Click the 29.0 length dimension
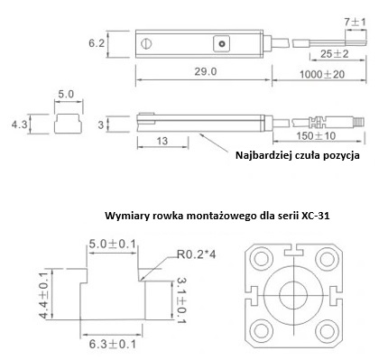click(x=206, y=72)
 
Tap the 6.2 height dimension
click(x=97, y=43)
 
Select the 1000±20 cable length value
click(x=322, y=74)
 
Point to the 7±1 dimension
click(x=355, y=23)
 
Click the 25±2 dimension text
click(x=334, y=54)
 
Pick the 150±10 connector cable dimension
click(x=316, y=136)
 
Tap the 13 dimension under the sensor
click(x=162, y=141)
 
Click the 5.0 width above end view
click(x=66, y=94)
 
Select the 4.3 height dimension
click(x=20, y=124)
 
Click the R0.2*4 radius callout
click(x=197, y=254)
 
